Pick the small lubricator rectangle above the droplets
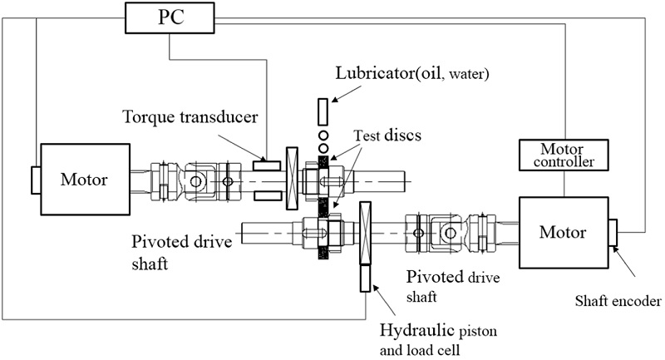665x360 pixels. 323,111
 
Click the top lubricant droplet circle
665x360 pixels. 323,133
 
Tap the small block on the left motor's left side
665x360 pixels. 32,178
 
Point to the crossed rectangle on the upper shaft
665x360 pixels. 291,179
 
